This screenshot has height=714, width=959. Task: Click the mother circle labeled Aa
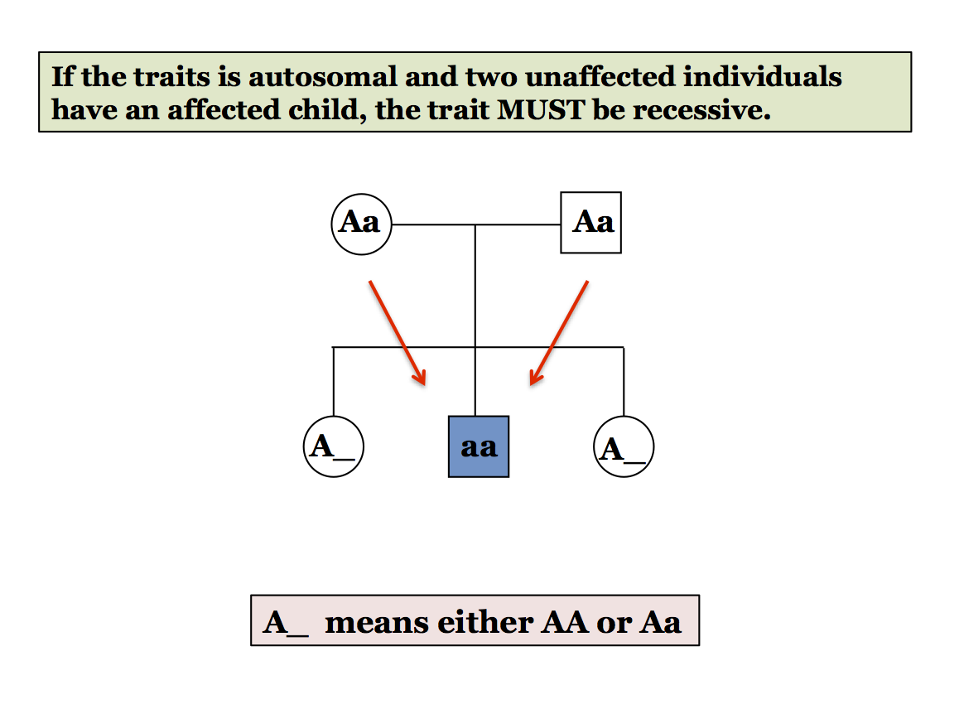point(361,224)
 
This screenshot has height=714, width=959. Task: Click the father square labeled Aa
point(591,223)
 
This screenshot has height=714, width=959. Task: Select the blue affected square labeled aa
point(479,447)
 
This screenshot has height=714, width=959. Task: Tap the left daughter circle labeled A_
point(334,447)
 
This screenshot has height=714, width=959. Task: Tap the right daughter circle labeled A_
point(624,448)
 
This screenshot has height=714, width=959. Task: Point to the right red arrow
point(559,332)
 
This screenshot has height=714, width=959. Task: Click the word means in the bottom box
point(376,621)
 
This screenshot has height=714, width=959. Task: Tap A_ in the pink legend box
point(286,622)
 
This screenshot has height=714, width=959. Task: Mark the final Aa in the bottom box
point(660,621)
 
